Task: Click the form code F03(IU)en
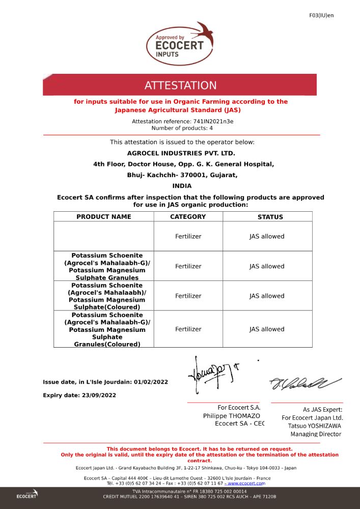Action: (321, 15)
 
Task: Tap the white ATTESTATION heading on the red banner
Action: (180, 86)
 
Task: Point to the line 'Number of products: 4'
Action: (179, 128)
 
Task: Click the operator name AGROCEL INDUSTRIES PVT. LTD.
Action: (181, 153)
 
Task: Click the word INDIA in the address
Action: (182, 186)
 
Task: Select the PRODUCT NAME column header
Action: (104, 217)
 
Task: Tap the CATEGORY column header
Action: (188, 217)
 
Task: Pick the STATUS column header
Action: (270, 217)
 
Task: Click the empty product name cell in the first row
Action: (104, 236)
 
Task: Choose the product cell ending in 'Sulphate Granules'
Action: (107, 266)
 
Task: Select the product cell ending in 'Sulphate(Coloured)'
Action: (107, 296)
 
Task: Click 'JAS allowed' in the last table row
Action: (267, 329)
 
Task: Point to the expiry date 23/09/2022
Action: (99, 395)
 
